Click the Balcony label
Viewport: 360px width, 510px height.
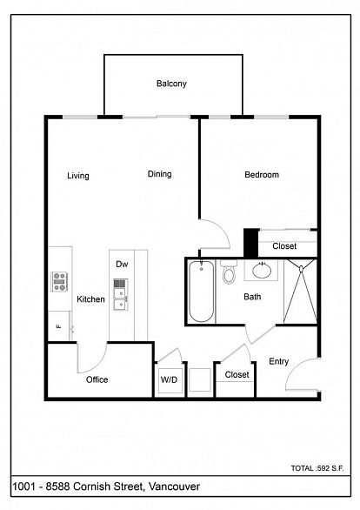tap(171, 84)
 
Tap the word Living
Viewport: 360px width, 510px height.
tap(78, 176)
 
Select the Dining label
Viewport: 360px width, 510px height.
tap(159, 174)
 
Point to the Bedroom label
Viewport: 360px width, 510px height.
tap(262, 175)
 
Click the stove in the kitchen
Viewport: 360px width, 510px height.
tap(59, 282)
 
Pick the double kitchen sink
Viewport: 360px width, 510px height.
tap(121, 295)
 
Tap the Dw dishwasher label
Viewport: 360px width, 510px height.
tap(122, 264)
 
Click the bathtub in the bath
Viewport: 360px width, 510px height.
tap(202, 291)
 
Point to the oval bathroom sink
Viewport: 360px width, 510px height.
tap(262, 271)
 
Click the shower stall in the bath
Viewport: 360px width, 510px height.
tap(301, 292)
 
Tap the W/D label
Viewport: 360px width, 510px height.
tap(169, 379)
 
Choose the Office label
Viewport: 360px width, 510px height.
tap(97, 379)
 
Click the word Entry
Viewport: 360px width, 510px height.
tap(279, 361)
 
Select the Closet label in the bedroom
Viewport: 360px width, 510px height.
tap(284, 246)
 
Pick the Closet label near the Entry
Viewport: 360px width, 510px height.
tap(237, 375)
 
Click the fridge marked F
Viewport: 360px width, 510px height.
tap(59, 325)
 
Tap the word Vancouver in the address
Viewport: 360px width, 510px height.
tap(175, 487)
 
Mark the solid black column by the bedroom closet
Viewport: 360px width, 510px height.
tap(250, 243)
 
